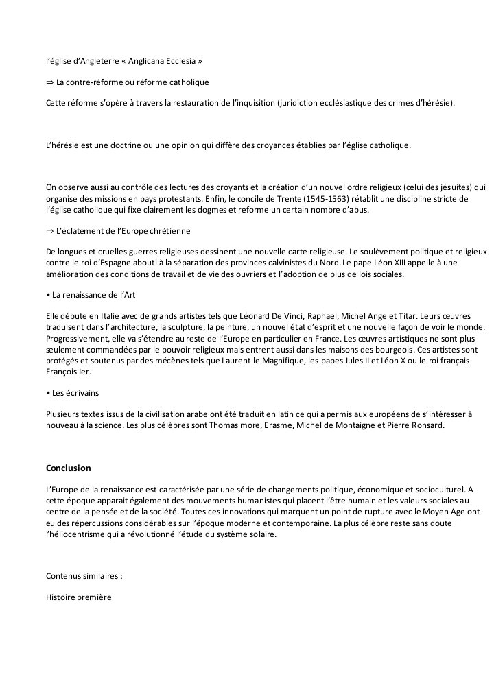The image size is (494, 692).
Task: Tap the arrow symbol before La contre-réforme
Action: click(x=49, y=82)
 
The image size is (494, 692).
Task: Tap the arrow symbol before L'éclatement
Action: click(x=49, y=231)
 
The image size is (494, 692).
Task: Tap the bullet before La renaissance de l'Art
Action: click(x=48, y=295)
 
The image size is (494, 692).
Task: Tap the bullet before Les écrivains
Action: click(x=48, y=393)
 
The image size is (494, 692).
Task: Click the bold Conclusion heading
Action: click(x=68, y=468)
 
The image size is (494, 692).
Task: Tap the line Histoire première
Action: click(x=78, y=597)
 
